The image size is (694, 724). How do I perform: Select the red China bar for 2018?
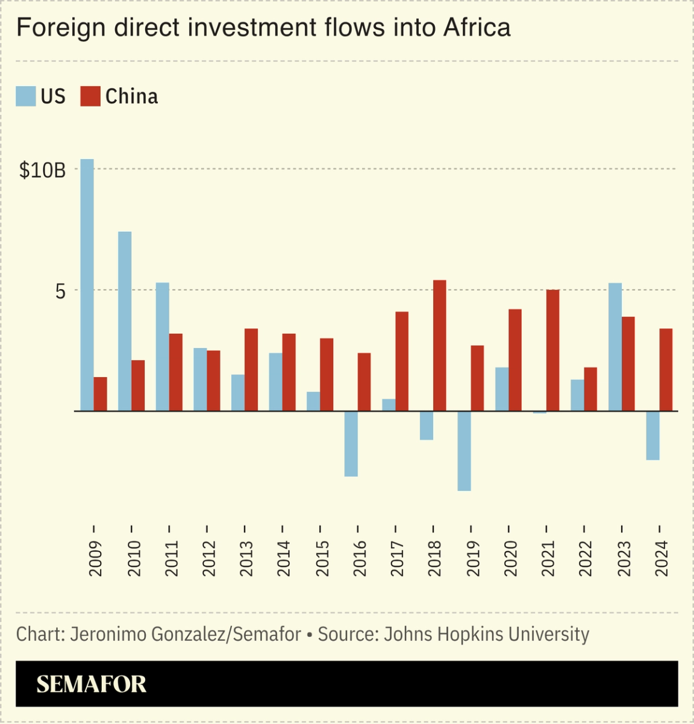click(440, 346)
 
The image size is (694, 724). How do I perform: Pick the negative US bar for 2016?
click(351, 443)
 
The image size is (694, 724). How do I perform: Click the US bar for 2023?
click(615, 347)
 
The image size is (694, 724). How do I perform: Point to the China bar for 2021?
click(552, 351)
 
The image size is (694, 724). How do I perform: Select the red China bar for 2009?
click(101, 394)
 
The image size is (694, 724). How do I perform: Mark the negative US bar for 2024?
click(652, 435)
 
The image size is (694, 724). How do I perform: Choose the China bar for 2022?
click(590, 389)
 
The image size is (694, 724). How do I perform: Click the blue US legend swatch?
click(26, 96)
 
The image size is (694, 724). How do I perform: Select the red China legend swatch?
click(90, 96)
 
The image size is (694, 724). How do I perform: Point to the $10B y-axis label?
click(42, 170)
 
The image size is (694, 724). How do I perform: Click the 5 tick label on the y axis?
click(60, 292)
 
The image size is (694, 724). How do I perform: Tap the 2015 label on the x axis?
click(322, 558)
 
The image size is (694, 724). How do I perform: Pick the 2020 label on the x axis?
click(510, 558)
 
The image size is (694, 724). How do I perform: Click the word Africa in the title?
click(477, 28)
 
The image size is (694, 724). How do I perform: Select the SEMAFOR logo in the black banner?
click(92, 684)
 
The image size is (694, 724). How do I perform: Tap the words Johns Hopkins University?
click(486, 634)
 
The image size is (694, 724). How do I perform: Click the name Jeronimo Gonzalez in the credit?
click(149, 634)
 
